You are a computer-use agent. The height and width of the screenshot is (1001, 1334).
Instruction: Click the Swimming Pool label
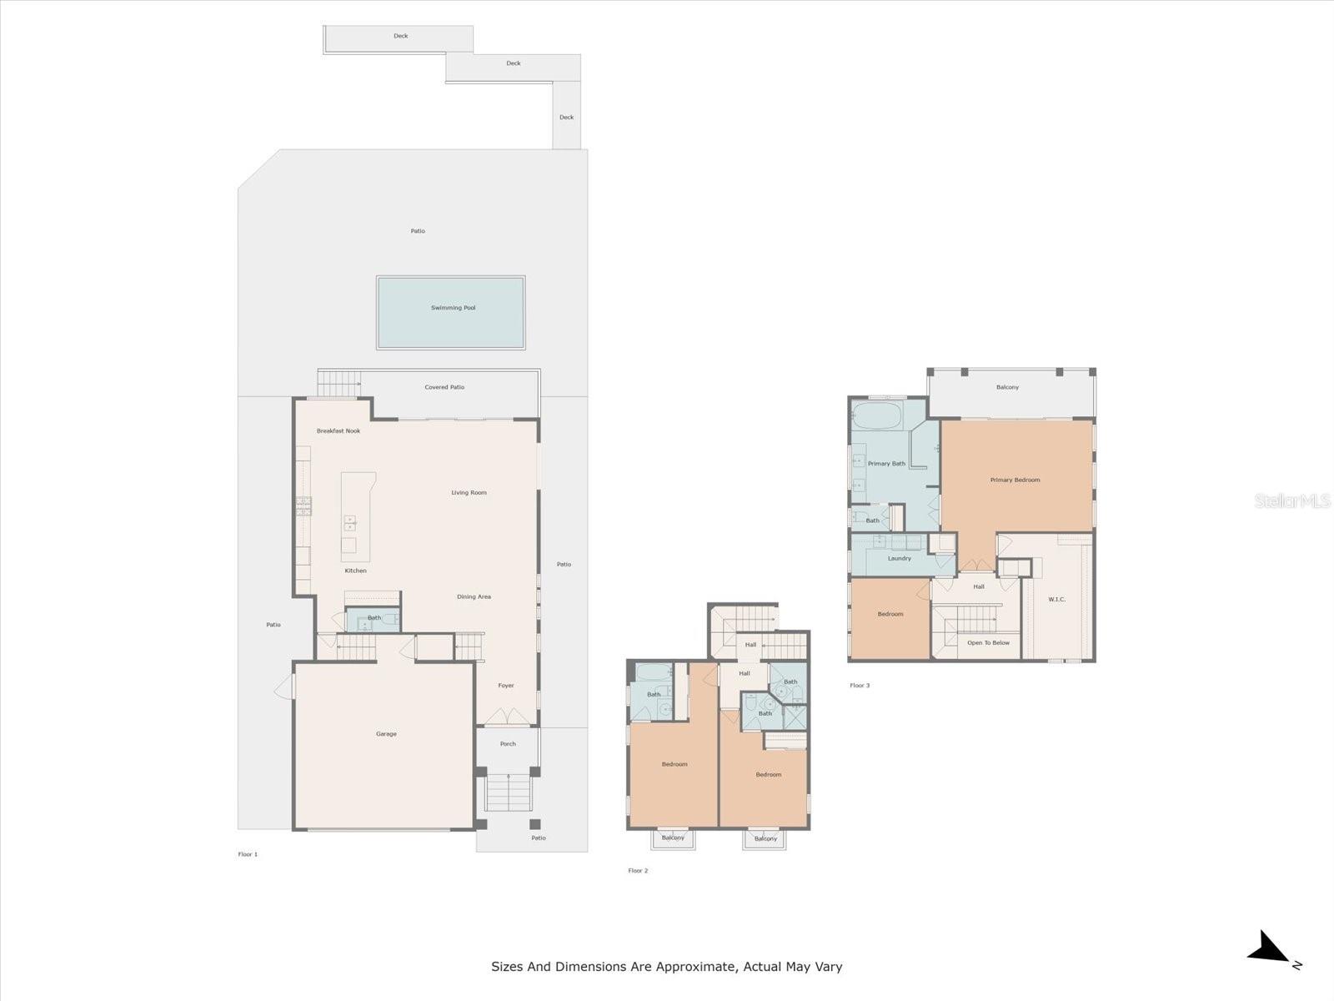tap(453, 308)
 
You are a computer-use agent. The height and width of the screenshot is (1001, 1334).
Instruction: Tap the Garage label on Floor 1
tap(386, 733)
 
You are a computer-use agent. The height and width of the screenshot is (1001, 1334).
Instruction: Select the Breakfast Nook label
tap(338, 431)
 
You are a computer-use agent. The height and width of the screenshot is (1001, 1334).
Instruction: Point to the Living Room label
tap(469, 493)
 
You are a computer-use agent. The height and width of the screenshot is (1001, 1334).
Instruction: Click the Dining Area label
tap(474, 596)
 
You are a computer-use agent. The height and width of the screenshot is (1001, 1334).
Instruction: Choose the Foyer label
tap(505, 686)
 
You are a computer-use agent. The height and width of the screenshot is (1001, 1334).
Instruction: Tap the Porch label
tap(508, 744)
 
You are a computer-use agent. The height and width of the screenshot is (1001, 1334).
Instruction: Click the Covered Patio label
tap(444, 387)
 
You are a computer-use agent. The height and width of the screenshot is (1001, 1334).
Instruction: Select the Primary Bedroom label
tap(1015, 480)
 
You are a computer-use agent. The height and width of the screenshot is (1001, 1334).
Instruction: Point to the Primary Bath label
tap(886, 464)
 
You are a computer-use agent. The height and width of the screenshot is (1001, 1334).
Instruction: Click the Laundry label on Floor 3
tap(899, 559)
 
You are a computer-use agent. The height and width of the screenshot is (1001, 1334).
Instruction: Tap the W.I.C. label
tap(1056, 600)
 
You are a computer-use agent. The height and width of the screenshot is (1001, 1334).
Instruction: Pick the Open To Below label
tap(988, 643)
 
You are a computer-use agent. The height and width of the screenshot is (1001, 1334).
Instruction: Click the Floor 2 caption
tap(638, 871)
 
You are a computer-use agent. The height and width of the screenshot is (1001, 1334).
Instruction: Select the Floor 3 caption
tap(860, 686)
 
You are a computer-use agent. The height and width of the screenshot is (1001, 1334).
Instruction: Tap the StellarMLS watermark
tap(1292, 501)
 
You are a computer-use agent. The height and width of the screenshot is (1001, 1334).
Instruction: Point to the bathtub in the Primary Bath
tap(877, 416)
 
